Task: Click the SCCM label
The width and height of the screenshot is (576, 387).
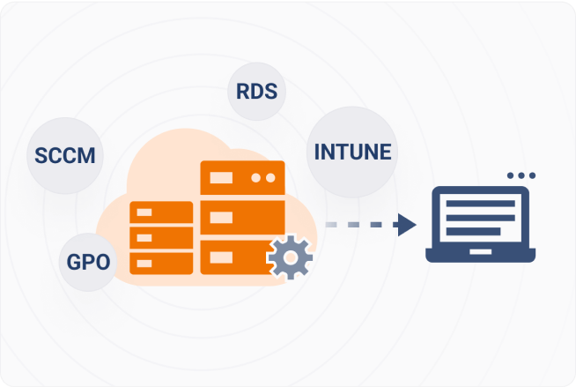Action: pyautogui.click(x=64, y=156)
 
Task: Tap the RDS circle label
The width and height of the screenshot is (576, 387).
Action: pyautogui.click(x=256, y=91)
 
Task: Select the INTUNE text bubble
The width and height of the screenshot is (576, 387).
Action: pyautogui.click(x=352, y=152)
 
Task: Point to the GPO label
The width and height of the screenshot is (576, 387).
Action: pyautogui.click(x=89, y=262)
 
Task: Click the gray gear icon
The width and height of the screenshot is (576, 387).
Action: pyautogui.click(x=290, y=257)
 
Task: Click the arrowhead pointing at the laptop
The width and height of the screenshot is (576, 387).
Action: pyautogui.click(x=406, y=225)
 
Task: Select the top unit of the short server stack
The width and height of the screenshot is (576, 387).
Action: pyautogui.click(x=161, y=212)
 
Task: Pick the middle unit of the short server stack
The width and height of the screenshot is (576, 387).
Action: pyautogui.click(x=161, y=237)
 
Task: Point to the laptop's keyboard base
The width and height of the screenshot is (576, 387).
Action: pyautogui.click(x=480, y=257)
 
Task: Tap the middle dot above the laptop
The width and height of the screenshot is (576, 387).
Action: pyautogui.click(x=521, y=175)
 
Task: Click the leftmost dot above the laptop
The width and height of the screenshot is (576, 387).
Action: pyautogui.click(x=511, y=175)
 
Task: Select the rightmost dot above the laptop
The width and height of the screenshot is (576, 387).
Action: pyautogui.click(x=532, y=175)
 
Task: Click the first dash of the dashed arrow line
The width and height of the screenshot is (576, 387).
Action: pyautogui.click(x=332, y=225)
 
